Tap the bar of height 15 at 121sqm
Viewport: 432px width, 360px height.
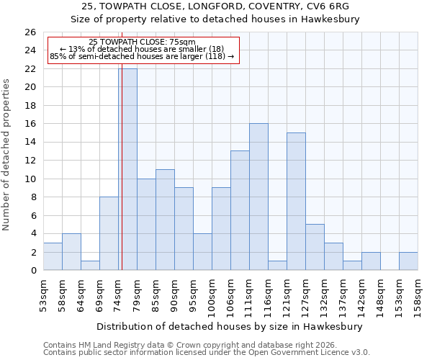296,202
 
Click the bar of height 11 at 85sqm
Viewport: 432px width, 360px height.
165,220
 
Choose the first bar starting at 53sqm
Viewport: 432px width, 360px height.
53,256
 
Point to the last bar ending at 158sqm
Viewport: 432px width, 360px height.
408,261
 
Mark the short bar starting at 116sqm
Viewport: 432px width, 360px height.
277,266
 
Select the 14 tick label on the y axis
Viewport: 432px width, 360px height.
30,143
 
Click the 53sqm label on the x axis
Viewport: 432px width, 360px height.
43,296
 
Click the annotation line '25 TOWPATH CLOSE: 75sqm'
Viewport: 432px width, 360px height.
142,42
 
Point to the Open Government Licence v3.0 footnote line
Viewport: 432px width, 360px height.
207,352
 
